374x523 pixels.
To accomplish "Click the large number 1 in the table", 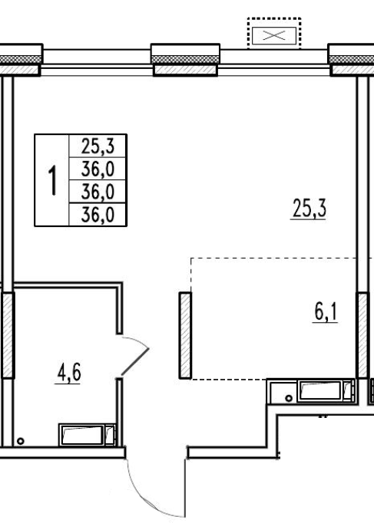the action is (53, 180).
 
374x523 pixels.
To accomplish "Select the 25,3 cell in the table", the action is (98, 146).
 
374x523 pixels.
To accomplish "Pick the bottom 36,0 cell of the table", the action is (98, 215).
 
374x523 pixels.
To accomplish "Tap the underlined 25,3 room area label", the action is (309, 209).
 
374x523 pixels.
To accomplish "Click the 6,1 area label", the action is (326, 313).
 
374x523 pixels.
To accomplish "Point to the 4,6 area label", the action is (69, 373).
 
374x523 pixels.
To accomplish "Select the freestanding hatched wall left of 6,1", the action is (185, 336).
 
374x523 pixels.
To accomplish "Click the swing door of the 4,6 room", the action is (134, 362).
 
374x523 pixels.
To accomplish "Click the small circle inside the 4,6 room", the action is (21, 441).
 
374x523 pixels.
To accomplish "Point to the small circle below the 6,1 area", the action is (290, 398).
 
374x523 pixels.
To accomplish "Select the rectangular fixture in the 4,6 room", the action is (87, 435).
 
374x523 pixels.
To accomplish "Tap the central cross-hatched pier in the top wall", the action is (185, 59).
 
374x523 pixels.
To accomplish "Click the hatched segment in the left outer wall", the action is (8, 335).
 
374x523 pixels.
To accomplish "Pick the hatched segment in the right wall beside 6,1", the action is (362, 335).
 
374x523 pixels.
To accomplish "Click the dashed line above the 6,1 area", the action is (274, 258).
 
